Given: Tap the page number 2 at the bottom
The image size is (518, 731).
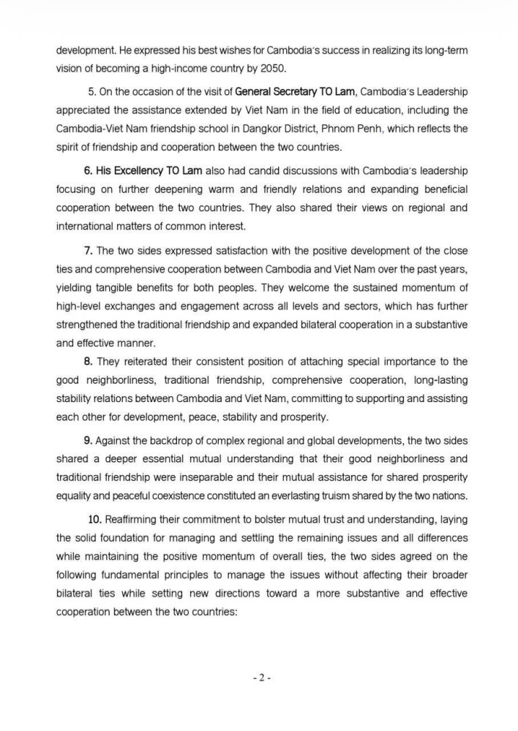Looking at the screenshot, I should (259, 678).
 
